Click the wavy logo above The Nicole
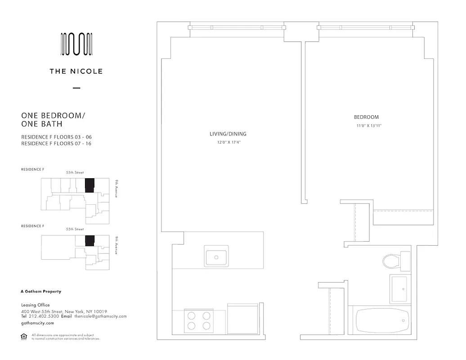coord(76,45)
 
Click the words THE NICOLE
coord(76,71)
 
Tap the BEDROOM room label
coord(366,117)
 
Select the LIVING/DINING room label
coord(228,134)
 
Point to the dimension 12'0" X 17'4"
coord(228,143)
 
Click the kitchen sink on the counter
coord(216,256)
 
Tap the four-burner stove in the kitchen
coord(199,320)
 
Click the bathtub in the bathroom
coord(383,320)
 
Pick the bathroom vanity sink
coord(399,289)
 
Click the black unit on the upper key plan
coord(90,185)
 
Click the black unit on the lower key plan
coord(90,241)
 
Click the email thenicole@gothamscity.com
coord(100,316)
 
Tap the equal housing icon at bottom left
coord(24,336)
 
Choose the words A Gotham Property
coord(41,292)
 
